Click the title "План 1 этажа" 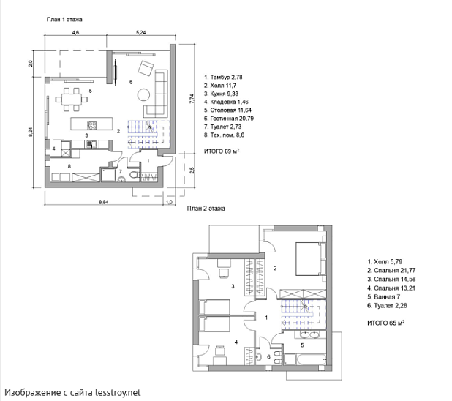click(x=64, y=20)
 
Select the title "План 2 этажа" click(x=206, y=209)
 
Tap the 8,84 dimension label click(x=103, y=202)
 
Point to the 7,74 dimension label click(x=192, y=100)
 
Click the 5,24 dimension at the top click(x=140, y=33)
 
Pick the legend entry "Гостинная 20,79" click(x=229, y=119)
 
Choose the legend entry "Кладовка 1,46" click(x=226, y=102)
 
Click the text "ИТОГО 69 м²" click(x=222, y=151)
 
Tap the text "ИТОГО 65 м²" click(x=385, y=323)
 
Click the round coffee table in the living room click(x=143, y=94)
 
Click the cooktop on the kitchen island click(x=92, y=125)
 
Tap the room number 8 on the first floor click(x=69, y=166)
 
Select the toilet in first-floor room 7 click(x=134, y=175)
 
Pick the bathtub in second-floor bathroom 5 click(x=305, y=359)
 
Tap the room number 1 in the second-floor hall click(x=266, y=318)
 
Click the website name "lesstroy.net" click(x=118, y=393)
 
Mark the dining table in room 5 click(x=72, y=100)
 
